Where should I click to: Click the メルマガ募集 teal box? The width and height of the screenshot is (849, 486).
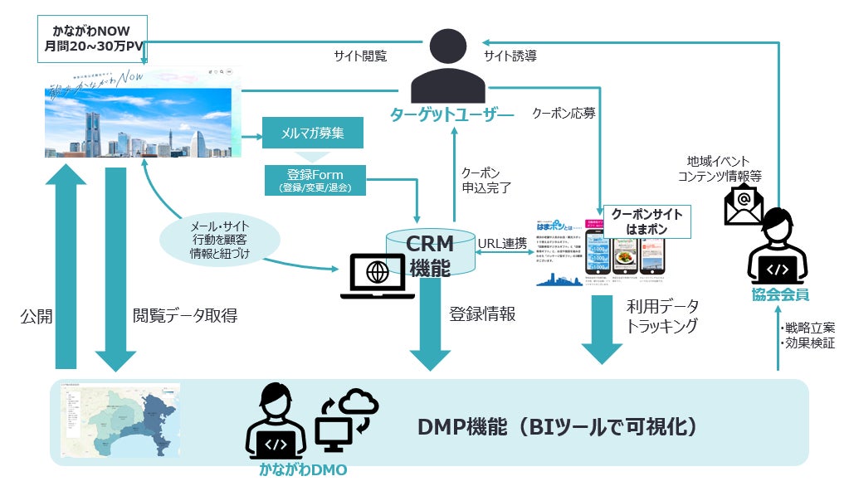(x=312, y=133)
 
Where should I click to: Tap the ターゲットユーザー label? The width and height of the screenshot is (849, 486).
(x=452, y=114)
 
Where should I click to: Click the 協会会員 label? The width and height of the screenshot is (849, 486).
(x=780, y=294)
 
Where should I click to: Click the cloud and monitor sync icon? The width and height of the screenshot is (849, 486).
(x=346, y=421)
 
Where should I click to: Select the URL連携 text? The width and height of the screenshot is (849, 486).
(x=502, y=243)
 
